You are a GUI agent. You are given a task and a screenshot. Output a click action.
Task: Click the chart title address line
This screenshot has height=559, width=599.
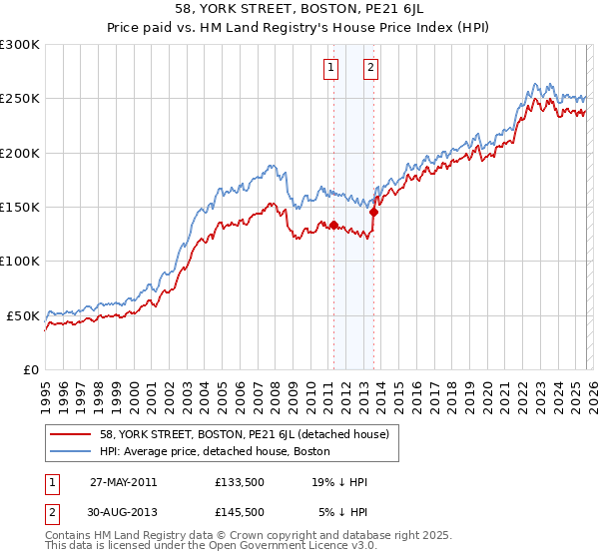299,11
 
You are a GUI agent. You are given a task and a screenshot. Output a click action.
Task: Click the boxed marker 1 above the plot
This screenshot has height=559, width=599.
330,68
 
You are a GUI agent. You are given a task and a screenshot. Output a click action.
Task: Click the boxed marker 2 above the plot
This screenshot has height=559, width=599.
370,68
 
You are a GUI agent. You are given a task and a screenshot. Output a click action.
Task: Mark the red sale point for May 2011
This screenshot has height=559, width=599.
333,225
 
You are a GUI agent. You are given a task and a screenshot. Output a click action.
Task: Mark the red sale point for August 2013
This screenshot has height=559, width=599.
373,212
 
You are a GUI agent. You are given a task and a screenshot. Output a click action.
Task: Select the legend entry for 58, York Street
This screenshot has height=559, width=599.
250,433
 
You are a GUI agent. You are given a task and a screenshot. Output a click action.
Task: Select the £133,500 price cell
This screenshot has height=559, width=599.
240,482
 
